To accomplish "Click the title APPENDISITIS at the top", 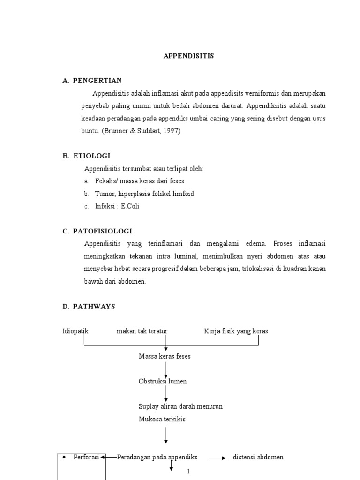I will pyautogui.click(x=188, y=56).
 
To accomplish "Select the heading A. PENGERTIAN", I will pyautogui.click(x=92, y=81).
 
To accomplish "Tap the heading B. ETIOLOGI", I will pyautogui.click(x=87, y=156).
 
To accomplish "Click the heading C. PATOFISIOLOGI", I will pyautogui.click(x=97, y=231).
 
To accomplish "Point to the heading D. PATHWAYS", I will pyautogui.click(x=89, y=307).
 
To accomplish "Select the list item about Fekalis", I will pyautogui.click(x=139, y=181).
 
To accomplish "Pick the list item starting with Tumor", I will pyautogui.click(x=144, y=194).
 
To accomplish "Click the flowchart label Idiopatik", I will pyautogui.click(x=75, y=331).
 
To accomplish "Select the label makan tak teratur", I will pyautogui.click(x=142, y=331).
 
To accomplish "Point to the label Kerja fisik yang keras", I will pyautogui.click(x=236, y=331).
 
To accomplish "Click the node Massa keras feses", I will pyautogui.click(x=165, y=356).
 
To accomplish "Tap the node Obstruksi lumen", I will pyautogui.click(x=163, y=381).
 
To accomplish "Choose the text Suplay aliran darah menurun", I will pyautogui.click(x=180, y=406).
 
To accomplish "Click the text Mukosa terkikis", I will pyautogui.click(x=162, y=419).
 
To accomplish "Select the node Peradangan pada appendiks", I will pyautogui.click(x=157, y=457).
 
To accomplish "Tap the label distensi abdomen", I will pyautogui.click(x=258, y=457).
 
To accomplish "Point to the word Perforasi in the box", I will pyautogui.click(x=86, y=457).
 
